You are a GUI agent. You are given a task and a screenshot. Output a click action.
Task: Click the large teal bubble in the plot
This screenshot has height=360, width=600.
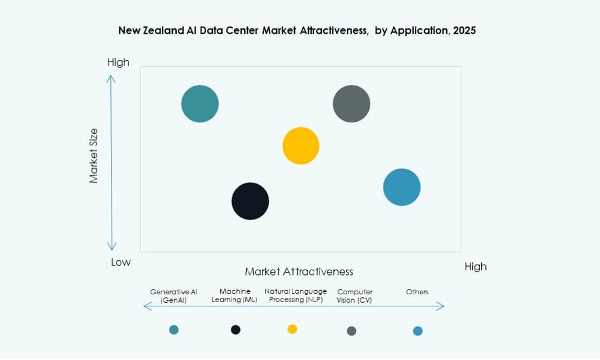tap(200, 104)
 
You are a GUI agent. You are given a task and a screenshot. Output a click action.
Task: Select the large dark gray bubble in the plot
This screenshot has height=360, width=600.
tap(352, 104)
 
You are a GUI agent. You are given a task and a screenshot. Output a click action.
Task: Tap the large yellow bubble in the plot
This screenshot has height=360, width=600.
tap(301, 146)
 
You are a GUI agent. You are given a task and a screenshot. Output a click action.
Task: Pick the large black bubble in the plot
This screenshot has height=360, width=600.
tap(250, 201)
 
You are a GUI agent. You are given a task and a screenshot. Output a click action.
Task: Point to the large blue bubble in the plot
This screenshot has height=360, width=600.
tap(402, 187)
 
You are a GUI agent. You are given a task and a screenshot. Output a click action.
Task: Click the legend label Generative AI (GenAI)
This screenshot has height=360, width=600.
tap(174, 295)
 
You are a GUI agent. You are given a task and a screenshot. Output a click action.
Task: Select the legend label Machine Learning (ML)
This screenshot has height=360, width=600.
tap(235, 295)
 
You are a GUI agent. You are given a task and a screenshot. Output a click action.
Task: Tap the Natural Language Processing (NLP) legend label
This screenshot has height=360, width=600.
tap(295, 295)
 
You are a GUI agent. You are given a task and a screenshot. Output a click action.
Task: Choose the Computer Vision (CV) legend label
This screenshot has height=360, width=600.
tap(355, 295)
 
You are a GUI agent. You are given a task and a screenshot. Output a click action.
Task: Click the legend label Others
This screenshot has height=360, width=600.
tap(417, 292)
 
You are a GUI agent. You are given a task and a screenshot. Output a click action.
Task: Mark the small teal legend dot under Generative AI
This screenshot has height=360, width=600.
tap(174, 329)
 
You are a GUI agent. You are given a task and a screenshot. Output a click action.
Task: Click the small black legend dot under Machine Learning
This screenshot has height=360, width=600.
tap(236, 329)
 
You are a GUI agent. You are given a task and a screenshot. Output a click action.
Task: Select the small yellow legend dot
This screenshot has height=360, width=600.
tap(292, 329)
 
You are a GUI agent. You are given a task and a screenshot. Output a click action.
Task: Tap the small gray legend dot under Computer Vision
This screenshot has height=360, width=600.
tap(352, 330)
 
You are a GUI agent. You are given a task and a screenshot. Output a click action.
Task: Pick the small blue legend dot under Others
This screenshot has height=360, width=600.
tap(418, 330)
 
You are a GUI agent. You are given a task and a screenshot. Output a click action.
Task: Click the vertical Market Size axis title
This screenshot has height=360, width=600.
tap(94, 156)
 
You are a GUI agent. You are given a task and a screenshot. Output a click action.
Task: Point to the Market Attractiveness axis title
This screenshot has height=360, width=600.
tap(298, 271)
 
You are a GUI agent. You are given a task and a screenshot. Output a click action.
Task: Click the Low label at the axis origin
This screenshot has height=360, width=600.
tap(121, 262)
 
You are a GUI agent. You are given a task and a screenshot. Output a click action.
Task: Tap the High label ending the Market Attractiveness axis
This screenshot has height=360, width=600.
tap(475, 267)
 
